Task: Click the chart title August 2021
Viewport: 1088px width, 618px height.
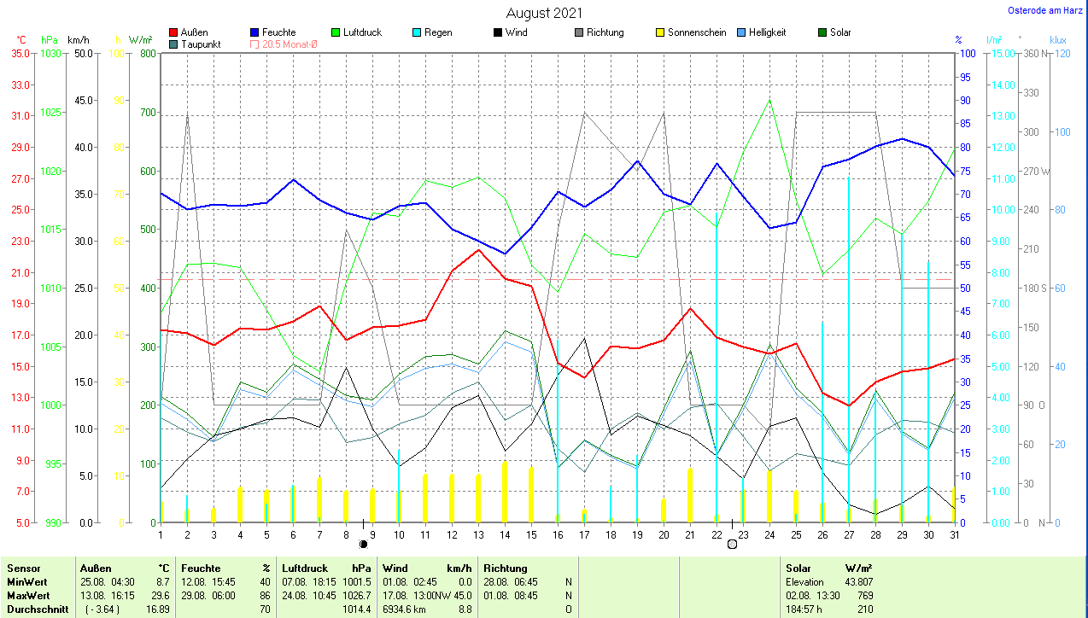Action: tap(544, 13)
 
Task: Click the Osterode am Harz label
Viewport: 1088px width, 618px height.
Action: tap(1044, 11)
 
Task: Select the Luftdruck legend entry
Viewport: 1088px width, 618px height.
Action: tap(362, 32)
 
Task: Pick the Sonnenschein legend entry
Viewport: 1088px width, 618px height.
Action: tap(697, 32)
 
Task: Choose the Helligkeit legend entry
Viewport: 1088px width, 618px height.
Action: tap(767, 32)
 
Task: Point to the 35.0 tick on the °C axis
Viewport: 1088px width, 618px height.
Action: tap(20, 54)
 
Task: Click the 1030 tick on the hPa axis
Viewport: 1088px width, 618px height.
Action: tap(50, 54)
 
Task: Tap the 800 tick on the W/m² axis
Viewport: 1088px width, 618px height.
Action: tap(146, 54)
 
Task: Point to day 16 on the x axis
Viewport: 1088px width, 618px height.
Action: tap(558, 535)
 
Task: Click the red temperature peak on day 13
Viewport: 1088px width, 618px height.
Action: tap(478, 250)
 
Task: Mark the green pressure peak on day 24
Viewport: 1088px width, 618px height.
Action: tap(769, 100)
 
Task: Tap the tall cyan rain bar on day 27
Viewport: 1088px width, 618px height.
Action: tap(849, 341)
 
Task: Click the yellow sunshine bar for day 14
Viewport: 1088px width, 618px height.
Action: tap(505, 492)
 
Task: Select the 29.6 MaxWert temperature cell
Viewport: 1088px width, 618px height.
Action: tap(163, 595)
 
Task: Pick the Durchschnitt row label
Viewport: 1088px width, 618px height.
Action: tap(35, 609)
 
